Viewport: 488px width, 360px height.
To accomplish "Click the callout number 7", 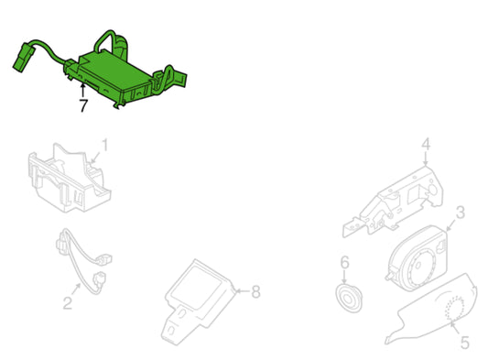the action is (83, 105).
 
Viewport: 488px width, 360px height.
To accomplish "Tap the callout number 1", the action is (105, 146).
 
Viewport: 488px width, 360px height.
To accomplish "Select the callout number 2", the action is (68, 302).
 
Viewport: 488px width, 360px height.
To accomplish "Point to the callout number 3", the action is (460, 213).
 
